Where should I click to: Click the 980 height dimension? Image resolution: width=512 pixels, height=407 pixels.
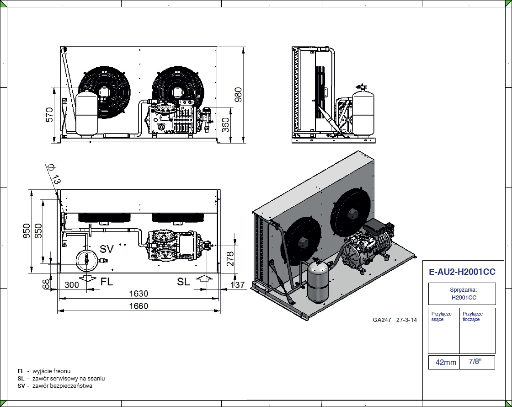click(238, 94)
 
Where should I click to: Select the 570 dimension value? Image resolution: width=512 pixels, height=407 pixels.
click(49, 114)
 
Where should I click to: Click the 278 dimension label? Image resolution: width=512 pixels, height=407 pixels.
click(230, 259)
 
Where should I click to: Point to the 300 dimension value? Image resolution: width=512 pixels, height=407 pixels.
click(72, 284)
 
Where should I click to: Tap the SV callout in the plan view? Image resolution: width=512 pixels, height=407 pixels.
click(107, 249)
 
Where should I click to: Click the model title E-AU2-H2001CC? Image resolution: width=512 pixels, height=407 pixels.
click(462, 272)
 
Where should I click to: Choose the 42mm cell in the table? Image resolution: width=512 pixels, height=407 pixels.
click(446, 362)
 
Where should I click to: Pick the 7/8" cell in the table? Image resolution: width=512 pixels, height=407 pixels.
click(475, 362)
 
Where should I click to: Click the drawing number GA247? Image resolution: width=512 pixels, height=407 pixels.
click(382, 320)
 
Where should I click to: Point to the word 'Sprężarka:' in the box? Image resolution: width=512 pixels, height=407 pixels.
click(462, 290)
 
